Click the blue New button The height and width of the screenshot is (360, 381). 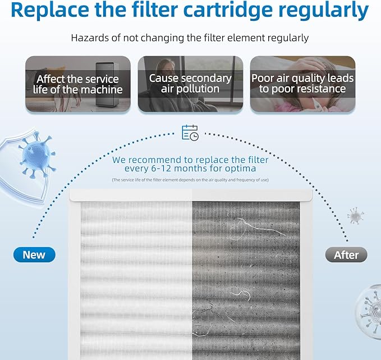34,255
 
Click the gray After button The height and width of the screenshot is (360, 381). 346,255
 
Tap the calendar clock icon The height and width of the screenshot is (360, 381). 190,133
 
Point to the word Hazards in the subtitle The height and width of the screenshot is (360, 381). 90,38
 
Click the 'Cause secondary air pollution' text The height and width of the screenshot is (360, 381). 190,83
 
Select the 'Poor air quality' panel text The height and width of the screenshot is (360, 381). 302,83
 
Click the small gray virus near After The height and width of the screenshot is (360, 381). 355,216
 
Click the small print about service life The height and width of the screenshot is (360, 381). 190,180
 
